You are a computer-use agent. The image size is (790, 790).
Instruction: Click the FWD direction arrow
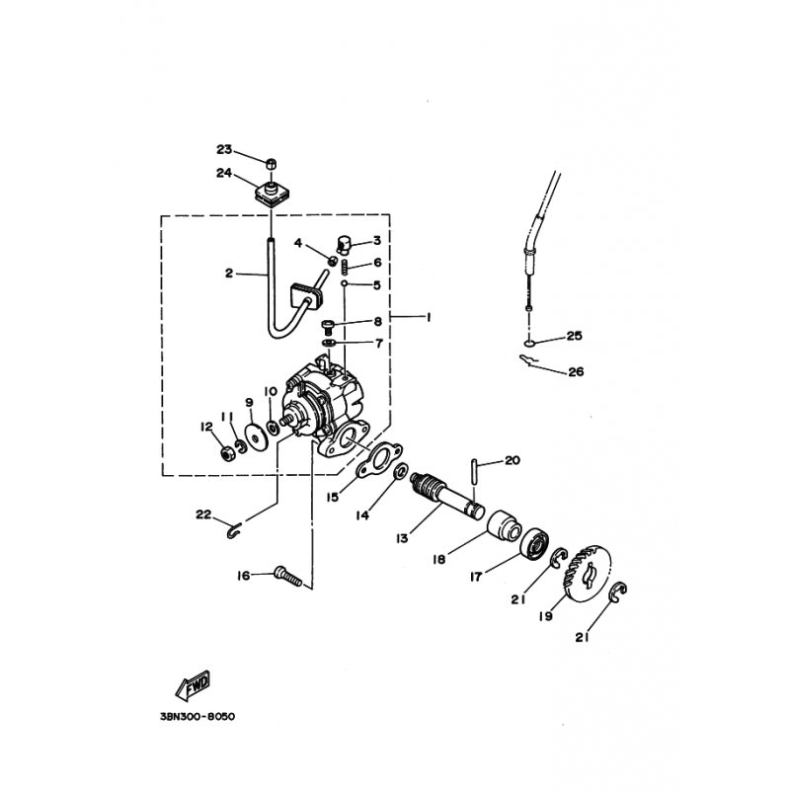coord(193,685)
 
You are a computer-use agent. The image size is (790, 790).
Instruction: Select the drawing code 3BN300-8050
coord(197,717)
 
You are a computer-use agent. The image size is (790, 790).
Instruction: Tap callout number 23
coord(224,149)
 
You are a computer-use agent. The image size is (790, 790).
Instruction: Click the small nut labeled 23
coord(271,164)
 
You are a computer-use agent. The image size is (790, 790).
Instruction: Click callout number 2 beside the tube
coord(229,274)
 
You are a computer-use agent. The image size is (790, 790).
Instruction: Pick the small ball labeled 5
coord(344,284)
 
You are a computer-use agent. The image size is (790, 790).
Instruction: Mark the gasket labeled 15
coord(380,458)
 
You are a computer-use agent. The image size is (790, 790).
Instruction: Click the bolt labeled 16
coord(288,577)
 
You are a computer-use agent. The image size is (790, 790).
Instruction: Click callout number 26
coord(576,372)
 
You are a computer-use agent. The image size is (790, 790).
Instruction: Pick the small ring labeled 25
coord(528,343)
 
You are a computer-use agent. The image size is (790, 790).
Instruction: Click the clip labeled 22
coord(234,530)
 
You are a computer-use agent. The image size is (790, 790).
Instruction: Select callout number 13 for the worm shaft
coord(402,538)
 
